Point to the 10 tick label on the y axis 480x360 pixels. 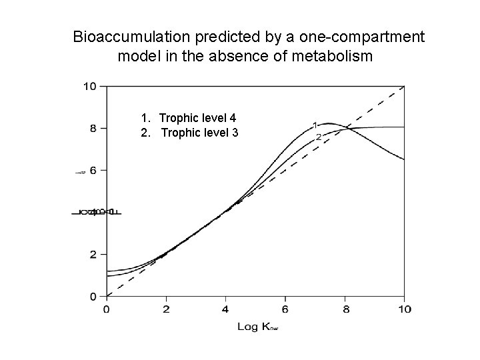point(89,86)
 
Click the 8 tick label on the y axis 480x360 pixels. point(93,128)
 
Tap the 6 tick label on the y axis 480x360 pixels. point(93,170)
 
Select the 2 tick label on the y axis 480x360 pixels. point(93,254)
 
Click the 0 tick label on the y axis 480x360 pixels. point(93,296)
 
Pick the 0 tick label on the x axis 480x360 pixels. point(107,309)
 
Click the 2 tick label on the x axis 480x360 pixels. point(166,309)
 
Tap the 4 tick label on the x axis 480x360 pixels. point(225,309)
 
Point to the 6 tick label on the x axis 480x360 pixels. point(285,309)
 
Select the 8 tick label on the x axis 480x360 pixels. point(345,309)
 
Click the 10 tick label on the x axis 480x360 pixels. point(403,309)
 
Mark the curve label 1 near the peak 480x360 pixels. point(314,125)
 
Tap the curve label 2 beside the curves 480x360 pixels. point(319,137)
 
